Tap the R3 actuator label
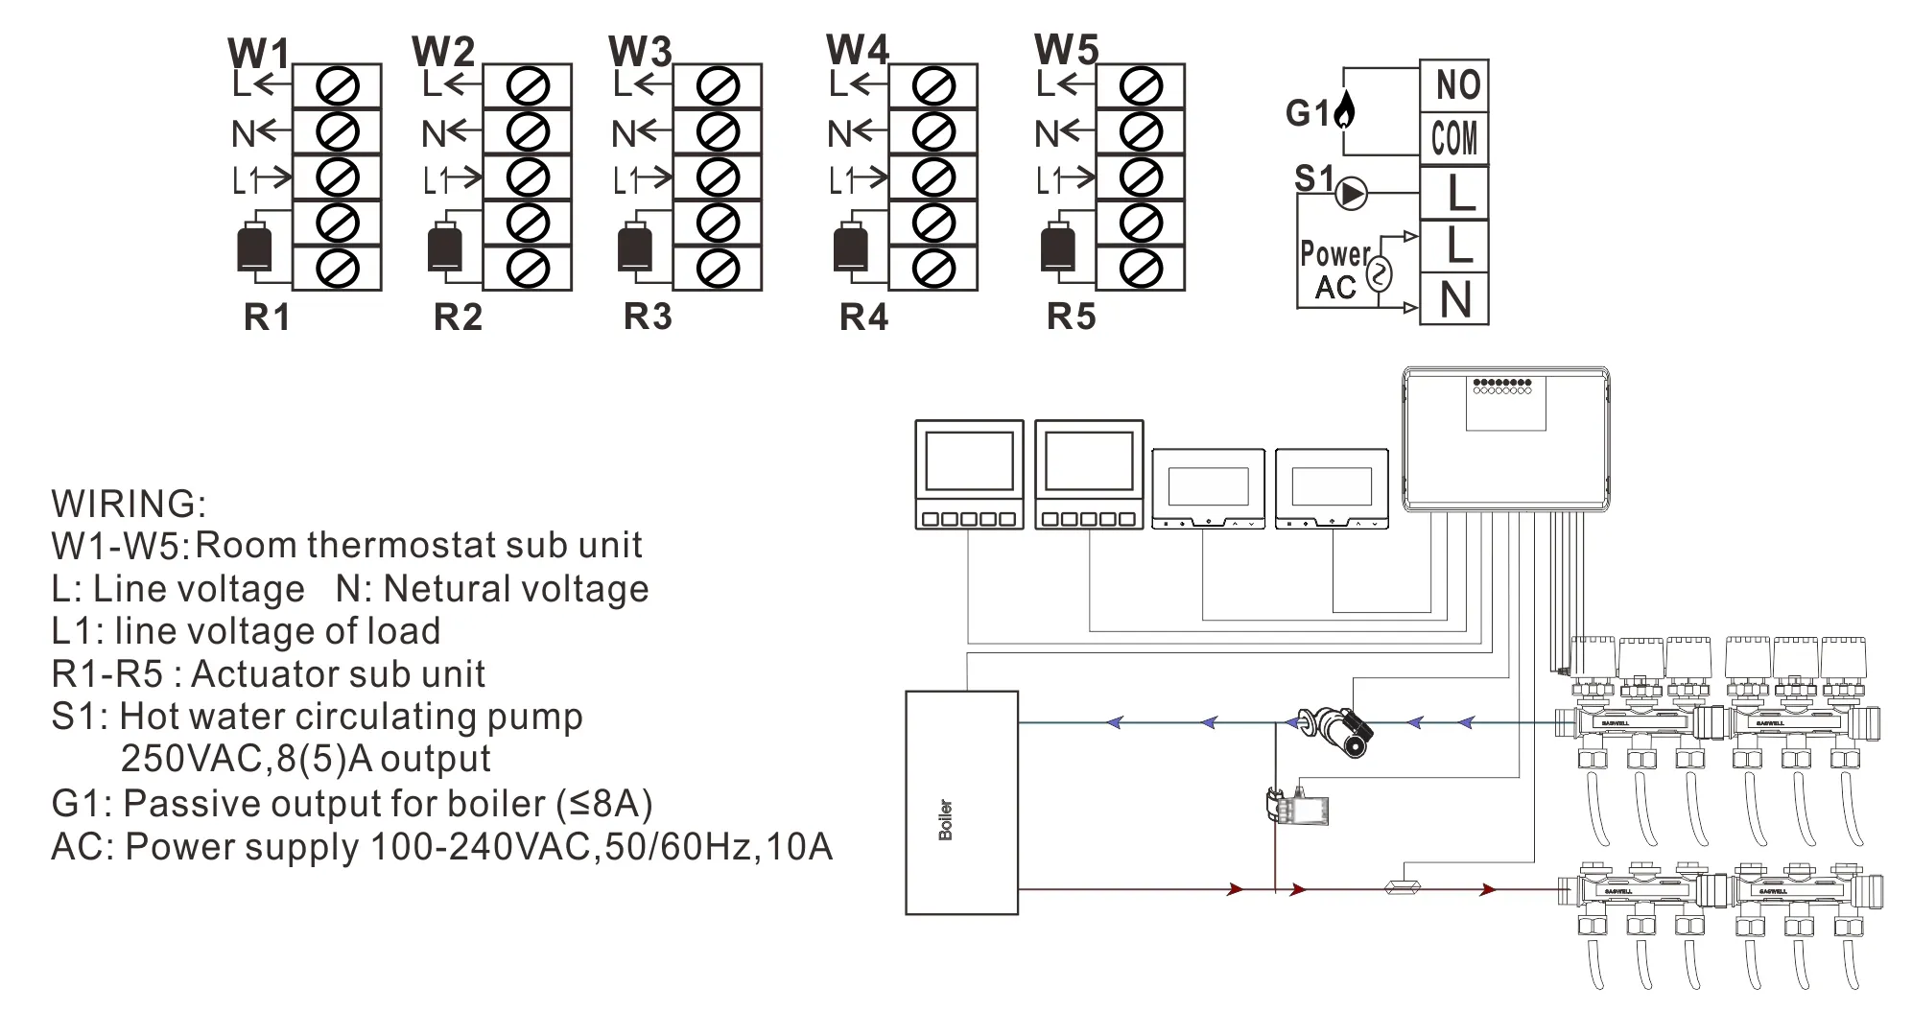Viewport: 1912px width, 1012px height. tap(648, 317)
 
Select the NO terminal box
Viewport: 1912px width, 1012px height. tap(1454, 86)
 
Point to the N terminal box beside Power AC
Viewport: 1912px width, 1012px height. tap(1454, 300)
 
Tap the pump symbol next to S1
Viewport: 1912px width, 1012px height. tap(1352, 194)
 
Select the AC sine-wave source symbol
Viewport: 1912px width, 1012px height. tap(1378, 275)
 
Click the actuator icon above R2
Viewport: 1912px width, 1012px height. tap(444, 247)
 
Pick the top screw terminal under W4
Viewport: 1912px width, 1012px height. tap(932, 87)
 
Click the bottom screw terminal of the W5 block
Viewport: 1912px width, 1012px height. tap(1140, 268)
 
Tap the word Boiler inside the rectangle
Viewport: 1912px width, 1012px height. tap(946, 819)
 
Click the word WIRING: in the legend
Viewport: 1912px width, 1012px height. tap(129, 504)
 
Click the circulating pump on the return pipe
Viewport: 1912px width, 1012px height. tap(1333, 731)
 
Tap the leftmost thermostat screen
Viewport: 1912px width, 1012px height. tap(969, 461)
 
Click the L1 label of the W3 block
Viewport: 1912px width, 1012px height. tap(626, 179)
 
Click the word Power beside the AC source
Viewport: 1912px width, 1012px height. tap(1334, 254)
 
